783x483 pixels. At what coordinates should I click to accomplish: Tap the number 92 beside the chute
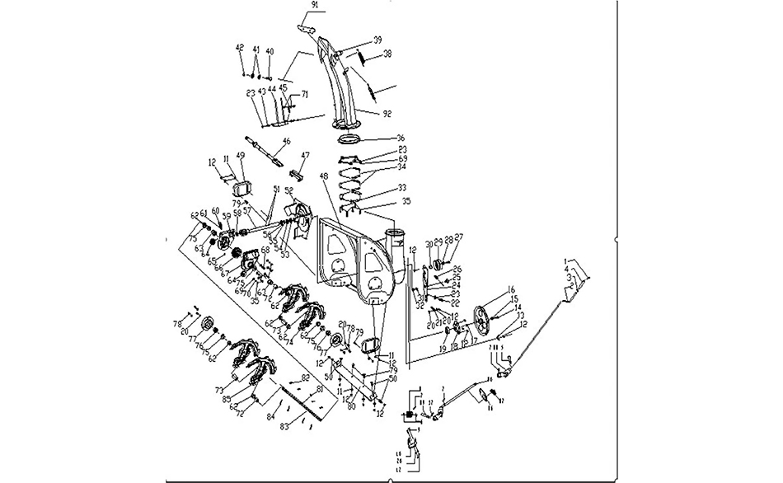[x=387, y=114]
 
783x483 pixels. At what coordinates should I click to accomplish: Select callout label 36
[x=401, y=138]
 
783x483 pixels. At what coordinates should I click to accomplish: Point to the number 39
[x=377, y=40]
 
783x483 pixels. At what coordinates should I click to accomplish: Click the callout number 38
[x=387, y=54]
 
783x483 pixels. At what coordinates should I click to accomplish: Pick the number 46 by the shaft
[x=287, y=142]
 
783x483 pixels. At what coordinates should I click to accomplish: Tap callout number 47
[x=304, y=156]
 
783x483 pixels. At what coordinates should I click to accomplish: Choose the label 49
[x=241, y=156]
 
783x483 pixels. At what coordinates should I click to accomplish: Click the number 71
[x=304, y=96]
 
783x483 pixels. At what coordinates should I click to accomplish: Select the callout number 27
[x=459, y=237]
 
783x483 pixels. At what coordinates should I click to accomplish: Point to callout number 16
[x=511, y=289]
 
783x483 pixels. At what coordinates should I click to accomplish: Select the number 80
[x=351, y=406]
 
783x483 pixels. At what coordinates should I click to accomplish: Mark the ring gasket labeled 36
[x=351, y=138]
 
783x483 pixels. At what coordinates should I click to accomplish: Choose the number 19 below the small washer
[x=442, y=349]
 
